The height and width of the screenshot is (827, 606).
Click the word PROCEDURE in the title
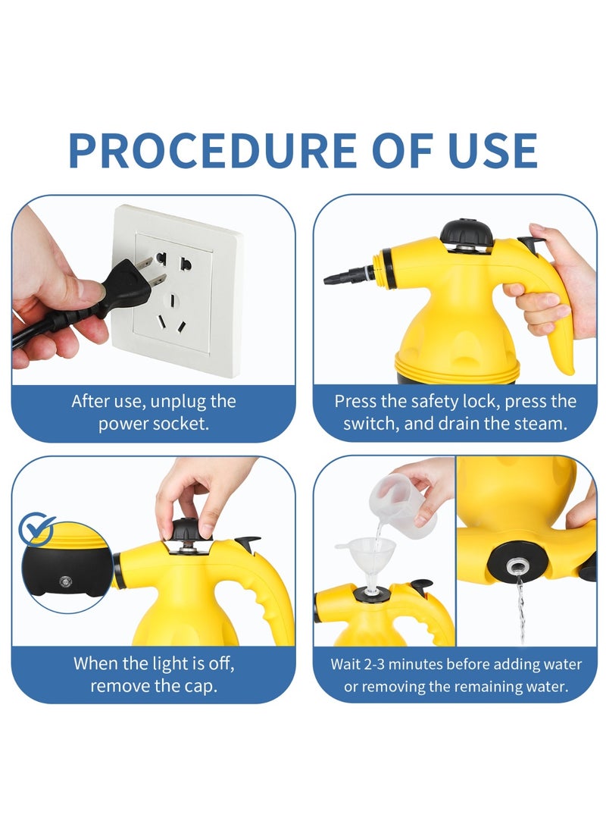tap(212, 150)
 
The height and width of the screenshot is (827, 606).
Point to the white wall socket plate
tap(176, 290)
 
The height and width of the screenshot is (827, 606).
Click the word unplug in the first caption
tap(175, 402)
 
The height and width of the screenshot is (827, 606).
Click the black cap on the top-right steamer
tap(467, 233)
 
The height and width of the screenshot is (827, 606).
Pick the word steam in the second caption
tap(539, 424)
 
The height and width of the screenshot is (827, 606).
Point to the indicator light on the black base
tap(65, 581)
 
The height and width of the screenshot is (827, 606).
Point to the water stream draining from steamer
tap(520, 609)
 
